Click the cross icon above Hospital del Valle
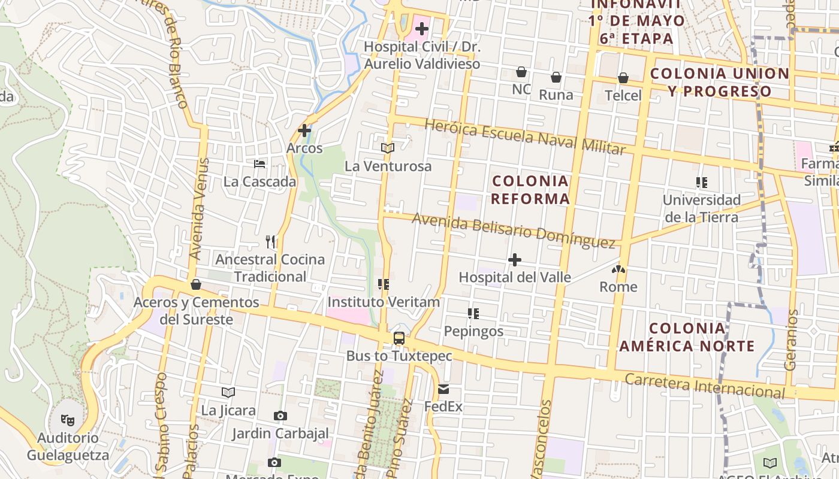click(515, 260)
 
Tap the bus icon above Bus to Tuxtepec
click(399, 338)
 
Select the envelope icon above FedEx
click(443, 389)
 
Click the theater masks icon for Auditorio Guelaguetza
click(67, 420)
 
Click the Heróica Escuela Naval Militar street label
click(524, 137)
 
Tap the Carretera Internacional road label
click(704, 386)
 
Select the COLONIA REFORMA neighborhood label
click(530, 190)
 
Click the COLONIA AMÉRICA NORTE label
click(687, 337)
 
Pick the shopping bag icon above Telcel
click(623, 78)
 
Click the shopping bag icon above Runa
click(556, 77)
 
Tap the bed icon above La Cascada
click(259, 163)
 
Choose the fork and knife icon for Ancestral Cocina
click(270, 241)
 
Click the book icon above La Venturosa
click(388, 148)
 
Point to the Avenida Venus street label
click(199, 208)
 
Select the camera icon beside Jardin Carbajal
click(280, 416)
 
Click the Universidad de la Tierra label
click(702, 208)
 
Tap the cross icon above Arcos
click(304, 130)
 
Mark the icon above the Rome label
click(619, 269)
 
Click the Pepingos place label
click(473, 331)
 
